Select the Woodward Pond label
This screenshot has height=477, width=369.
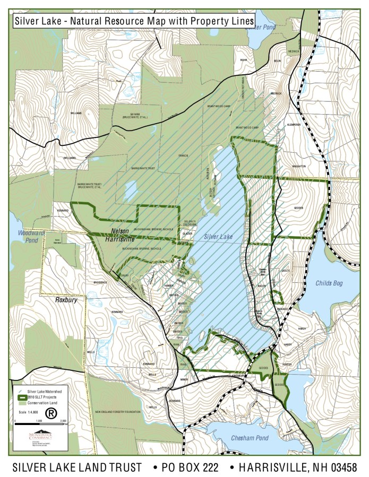coord(25,237)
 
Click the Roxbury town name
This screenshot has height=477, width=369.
coord(66,300)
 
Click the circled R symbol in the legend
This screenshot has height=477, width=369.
coord(51,412)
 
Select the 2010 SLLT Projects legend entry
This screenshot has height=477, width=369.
coord(41,396)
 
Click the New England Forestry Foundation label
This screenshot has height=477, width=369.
coord(117,412)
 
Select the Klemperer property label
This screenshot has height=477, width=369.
coord(294,125)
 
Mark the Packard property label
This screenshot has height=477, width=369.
coord(282,308)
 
